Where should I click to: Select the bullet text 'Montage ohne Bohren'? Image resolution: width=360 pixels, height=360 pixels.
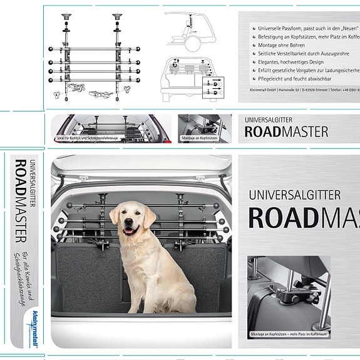(279, 46)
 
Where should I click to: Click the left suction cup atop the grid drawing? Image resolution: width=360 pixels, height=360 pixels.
(66, 15)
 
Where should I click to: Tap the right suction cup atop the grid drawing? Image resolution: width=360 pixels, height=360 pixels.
(116, 15)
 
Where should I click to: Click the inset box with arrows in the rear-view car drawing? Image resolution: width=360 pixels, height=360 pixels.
(213, 86)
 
